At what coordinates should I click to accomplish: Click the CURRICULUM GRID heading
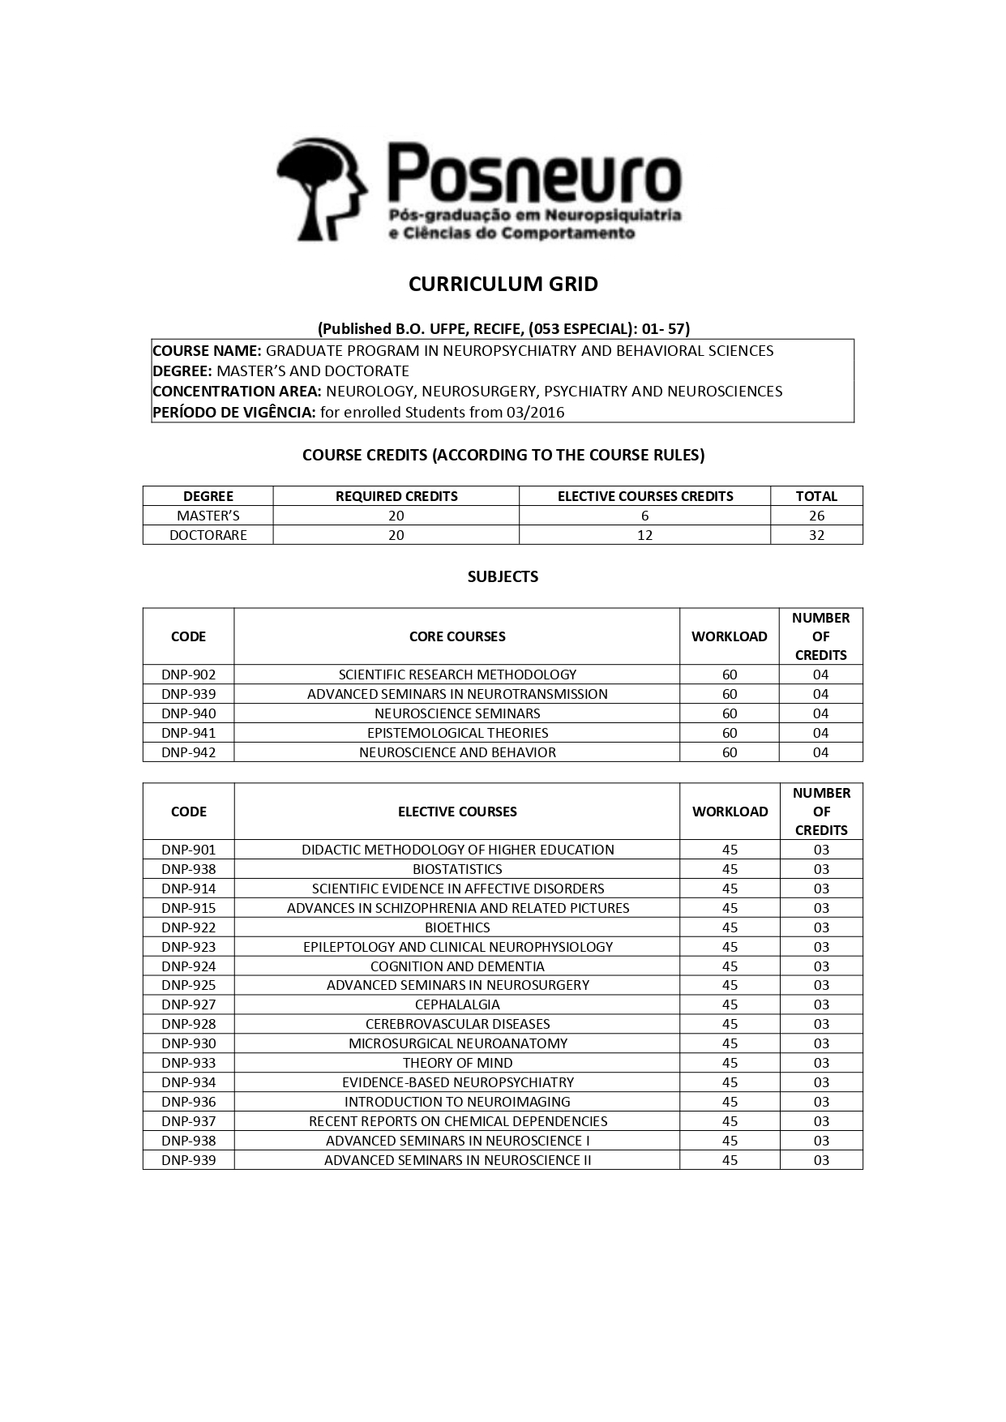click(503, 284)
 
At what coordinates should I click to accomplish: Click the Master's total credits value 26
click(816, 516)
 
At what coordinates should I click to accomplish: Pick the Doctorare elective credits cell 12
click(644, 535)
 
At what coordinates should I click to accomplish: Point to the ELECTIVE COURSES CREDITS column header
click(644, 496)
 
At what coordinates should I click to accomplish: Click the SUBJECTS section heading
click(503, 576)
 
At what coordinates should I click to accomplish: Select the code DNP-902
click(188, 675)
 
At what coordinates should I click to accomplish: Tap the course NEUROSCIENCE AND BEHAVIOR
click(457, 752)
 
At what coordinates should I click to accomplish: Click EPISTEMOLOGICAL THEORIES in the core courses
click(457, 733)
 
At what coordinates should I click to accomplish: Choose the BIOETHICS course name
click(457, 927)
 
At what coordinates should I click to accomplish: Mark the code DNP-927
click(188, 1004)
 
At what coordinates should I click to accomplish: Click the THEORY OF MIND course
click(457, 1063)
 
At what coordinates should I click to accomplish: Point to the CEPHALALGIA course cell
click(457, 1004)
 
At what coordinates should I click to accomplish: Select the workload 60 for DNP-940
click(730, 713)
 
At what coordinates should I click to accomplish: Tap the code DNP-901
click(188, 850)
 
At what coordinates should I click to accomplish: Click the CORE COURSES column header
click(457, 636)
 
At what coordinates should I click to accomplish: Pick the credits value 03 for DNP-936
click(821, 1102)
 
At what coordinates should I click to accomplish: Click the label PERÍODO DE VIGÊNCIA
click(233, 412)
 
